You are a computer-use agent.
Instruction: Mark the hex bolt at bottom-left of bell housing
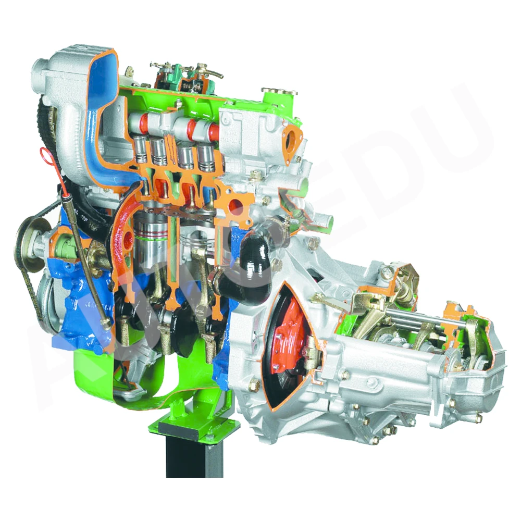[254, 386]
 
